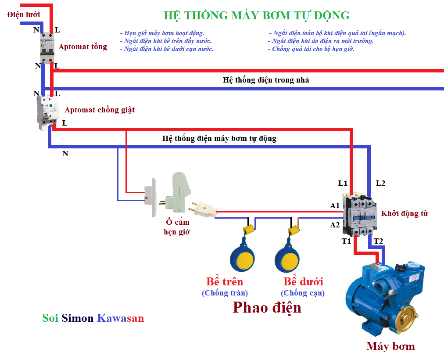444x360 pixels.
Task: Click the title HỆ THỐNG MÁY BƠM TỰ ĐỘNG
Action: click(x=257, y=15)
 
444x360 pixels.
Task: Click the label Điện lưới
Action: click(x=24, y=14)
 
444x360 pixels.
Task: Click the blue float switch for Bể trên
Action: click(x=242, y=260)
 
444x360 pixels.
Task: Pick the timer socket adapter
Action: click(x=180, y=191)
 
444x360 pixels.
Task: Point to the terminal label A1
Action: click(x=335, y=205)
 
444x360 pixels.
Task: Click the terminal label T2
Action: click(x=378, y=241)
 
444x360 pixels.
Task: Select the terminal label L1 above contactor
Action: click(x=343, y=183)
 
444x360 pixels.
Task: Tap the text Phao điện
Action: click(x=267, y=307)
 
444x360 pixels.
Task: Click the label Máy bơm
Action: click(x=390, y=346)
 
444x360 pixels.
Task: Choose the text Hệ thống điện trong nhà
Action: click(x=266, y=80)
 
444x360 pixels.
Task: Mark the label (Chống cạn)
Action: click(x=303, y=293)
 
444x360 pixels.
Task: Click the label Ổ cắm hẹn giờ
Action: click(x=177, y=227)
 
